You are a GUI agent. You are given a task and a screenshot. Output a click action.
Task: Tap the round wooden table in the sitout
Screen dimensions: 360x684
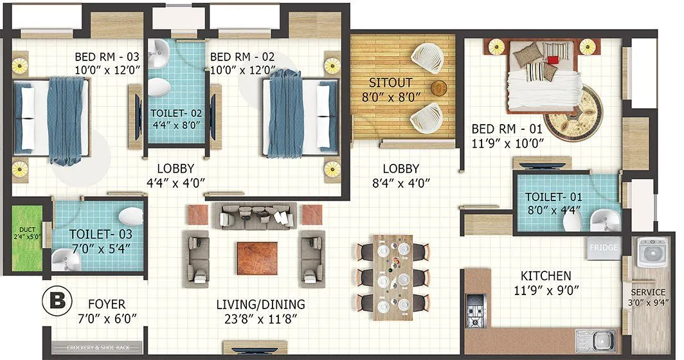[x=439, y=88]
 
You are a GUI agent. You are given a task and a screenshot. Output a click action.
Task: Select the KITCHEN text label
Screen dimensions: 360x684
[x=546, y=274]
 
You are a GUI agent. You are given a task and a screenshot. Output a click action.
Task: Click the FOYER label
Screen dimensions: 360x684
[x=107, y=304]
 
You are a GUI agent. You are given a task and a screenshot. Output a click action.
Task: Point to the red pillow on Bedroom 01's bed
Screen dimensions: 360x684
[x=551, y=60]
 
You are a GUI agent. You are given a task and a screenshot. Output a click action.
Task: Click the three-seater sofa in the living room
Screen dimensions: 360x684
[x=256, y=215]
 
